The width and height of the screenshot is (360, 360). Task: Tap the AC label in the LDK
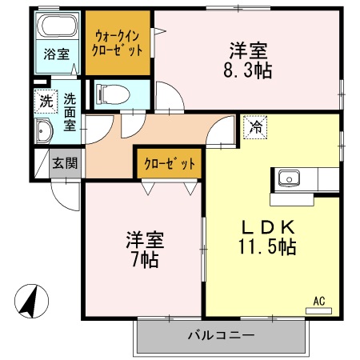coord(318,302)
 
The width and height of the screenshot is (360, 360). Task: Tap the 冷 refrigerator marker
coord(256,126)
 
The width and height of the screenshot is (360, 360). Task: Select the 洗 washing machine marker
coord(46,102)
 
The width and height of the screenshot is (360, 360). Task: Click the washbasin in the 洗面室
coord(43,132)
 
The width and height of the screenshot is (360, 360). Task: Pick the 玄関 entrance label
coord(66,163)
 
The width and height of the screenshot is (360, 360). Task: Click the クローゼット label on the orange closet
coord(170,163)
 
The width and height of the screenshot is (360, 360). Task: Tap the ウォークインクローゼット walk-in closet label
coord(119,42)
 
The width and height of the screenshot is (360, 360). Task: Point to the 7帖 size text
coord(144,259)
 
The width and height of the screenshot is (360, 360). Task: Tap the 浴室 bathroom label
coord(56,55)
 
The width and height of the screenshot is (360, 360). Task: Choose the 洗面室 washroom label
coord(70,112)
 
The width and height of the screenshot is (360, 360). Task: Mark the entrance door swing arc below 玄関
coord(64,188)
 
